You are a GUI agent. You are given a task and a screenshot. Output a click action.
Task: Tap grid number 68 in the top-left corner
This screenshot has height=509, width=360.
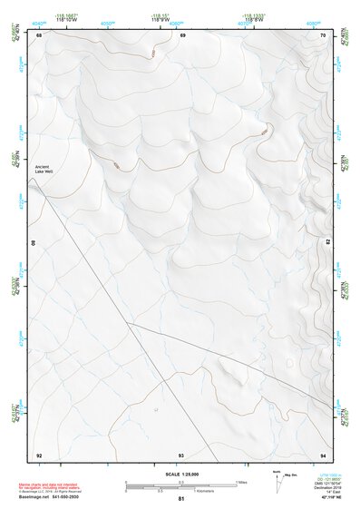(39, 35)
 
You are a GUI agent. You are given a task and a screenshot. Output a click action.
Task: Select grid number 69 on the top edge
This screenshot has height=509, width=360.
(182, 35)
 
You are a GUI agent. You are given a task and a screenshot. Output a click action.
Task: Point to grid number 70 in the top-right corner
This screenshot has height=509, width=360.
(323, 35)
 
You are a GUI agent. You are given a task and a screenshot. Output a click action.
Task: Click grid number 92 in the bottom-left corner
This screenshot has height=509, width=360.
(39, 454)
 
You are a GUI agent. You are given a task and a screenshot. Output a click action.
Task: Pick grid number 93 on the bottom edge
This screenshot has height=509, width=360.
(181, 454)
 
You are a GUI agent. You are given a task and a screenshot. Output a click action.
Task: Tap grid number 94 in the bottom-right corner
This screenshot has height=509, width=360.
(323, 454)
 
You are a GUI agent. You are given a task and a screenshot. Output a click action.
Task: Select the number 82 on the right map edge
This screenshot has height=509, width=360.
(328, 242)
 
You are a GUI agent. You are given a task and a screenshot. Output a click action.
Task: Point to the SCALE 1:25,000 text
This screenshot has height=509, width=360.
(180, 475)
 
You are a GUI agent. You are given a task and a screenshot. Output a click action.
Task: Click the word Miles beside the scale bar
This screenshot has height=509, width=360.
(242, 482)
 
